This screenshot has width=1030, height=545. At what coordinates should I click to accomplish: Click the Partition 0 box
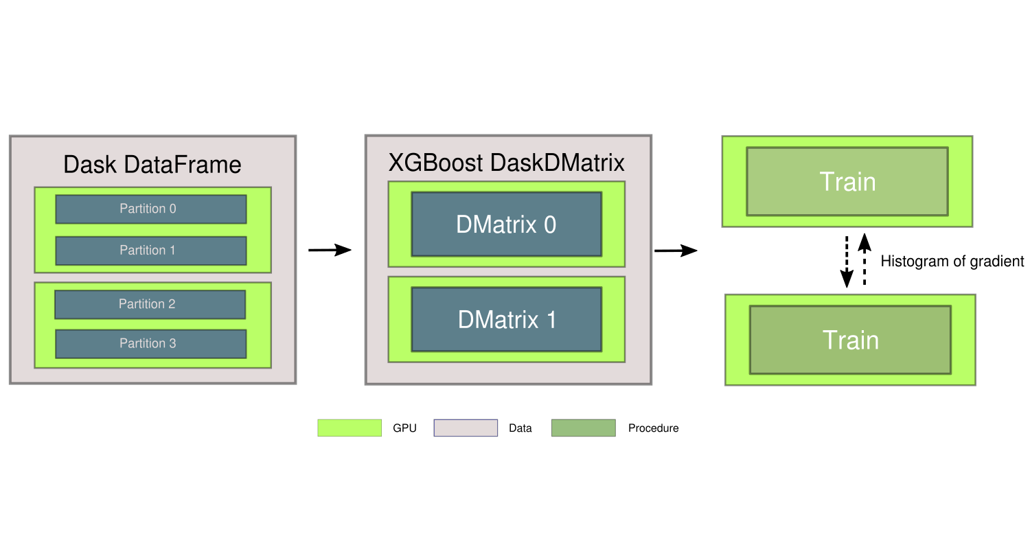click(150, 209)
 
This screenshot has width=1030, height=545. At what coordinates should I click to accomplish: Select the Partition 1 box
click(150, 251)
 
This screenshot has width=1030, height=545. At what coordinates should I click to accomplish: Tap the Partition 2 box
click(150, 304)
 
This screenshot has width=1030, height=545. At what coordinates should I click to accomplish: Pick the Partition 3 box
click(150, 343)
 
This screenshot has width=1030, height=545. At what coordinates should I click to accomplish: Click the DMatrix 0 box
click(506, 224)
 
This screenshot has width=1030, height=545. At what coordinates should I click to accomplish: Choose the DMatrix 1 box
click(506, 320)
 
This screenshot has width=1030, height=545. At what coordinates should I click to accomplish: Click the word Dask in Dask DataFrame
click(90, 165)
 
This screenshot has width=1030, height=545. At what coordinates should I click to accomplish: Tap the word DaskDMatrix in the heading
click(557, 163)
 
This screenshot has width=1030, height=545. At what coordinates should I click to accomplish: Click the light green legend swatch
click(349, 428)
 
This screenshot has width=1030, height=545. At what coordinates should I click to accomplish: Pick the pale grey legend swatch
click(466, 428)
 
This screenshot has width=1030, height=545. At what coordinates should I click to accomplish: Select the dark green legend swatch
click(583, 428)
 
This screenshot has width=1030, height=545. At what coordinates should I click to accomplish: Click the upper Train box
click(847, 182)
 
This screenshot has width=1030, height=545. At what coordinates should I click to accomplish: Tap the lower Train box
click(850, 340)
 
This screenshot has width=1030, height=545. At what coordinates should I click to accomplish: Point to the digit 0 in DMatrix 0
click(550, 224)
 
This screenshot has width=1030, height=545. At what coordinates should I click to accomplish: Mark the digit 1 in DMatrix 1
click(550, 320)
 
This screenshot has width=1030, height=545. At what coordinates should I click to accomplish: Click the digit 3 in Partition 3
click(172, 343)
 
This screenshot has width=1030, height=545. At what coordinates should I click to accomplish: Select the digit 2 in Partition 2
click(172, 304)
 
